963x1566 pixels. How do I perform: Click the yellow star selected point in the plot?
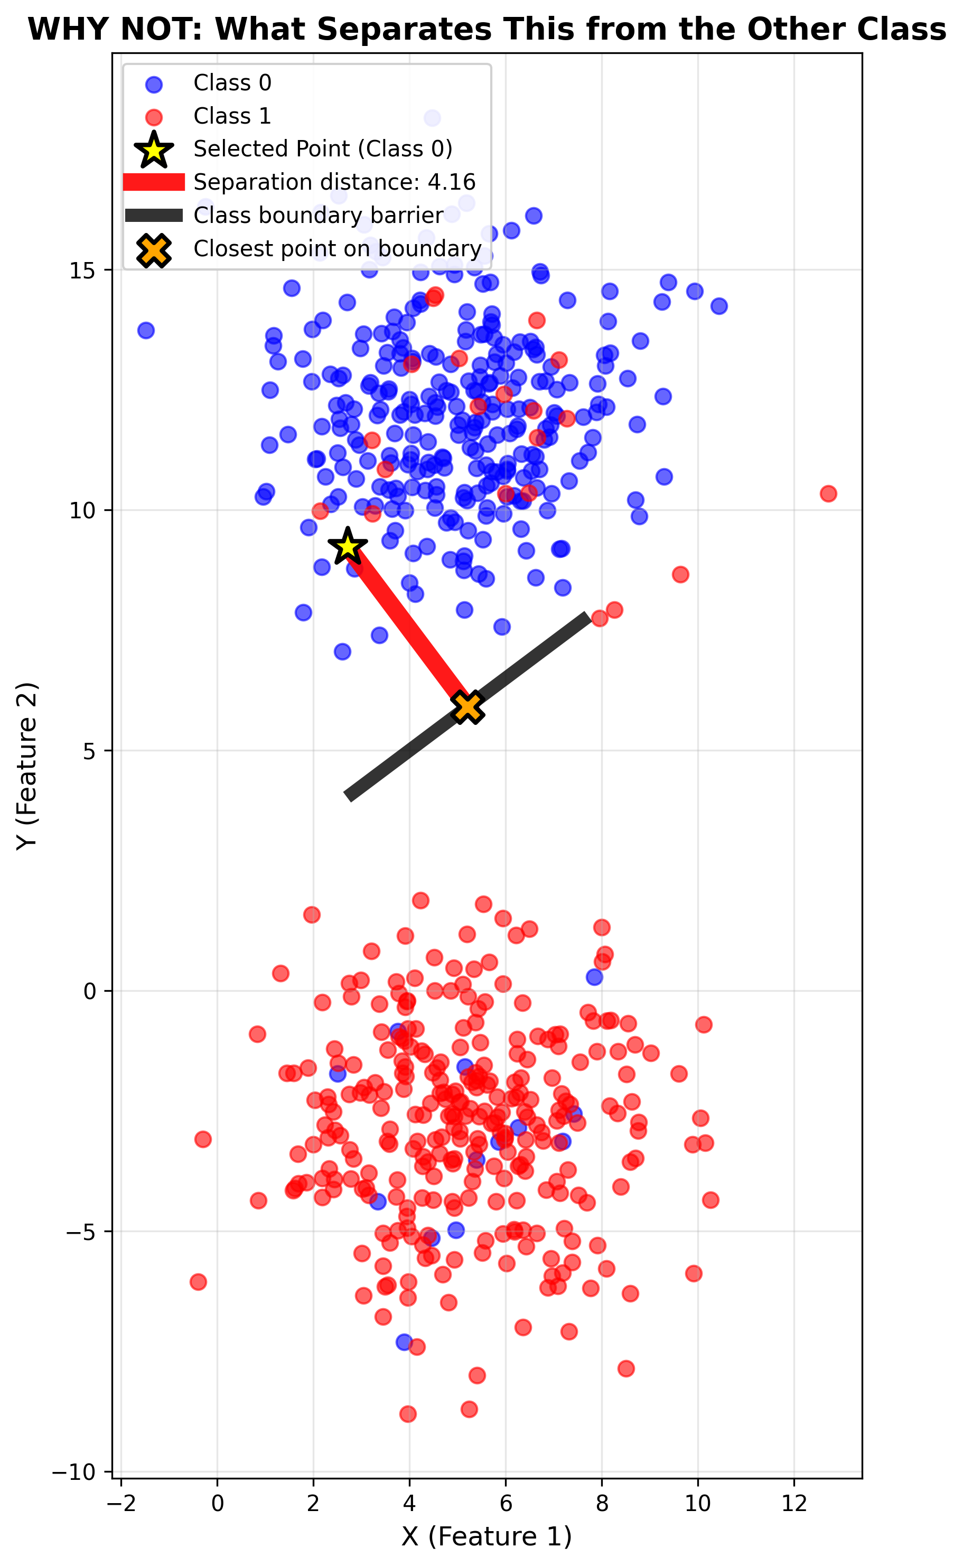(347, 546)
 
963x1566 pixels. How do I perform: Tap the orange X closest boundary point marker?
(467, 707)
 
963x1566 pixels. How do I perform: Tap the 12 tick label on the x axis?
(793, 1503)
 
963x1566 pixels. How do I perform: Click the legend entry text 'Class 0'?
(232, 83)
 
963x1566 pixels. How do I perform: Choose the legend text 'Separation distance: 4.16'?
(334, 182)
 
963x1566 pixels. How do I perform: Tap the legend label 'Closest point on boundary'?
(337, 248)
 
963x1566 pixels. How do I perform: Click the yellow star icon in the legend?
(154, 150)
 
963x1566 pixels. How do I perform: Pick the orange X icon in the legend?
(154, 250)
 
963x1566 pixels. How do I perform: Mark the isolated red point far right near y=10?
(828, 493)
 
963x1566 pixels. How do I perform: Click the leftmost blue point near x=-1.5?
(146, 330)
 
